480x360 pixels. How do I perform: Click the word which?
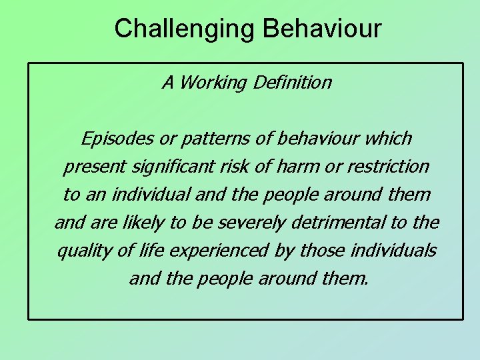[389, 139]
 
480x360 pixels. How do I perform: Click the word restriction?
[387, 167]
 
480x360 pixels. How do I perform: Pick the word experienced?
[216, 251]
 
